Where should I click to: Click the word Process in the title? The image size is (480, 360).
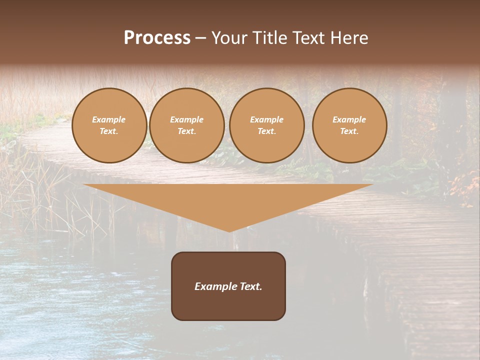[x=157, y=38]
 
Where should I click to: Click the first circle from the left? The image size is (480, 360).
[x=109, y=125]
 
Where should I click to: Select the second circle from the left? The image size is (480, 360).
[x=187, y=125]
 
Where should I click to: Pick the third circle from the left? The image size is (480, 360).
[x=267, y=125]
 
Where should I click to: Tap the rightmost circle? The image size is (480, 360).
[x=349, y=125]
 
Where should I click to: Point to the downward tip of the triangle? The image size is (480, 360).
[x=229, y=231]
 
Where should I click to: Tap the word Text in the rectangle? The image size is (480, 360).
[x=249, y=286]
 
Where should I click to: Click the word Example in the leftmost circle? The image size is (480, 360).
[x=109, y=119]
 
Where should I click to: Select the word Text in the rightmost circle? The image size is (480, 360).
[x=349, y=131]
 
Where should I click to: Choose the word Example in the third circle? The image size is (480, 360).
[x=267, y=119]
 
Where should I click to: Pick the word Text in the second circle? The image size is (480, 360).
[x=186, y=131]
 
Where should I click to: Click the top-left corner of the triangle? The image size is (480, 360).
[x=84, y=185]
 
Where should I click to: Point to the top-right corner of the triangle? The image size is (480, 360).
[x=372, y=185]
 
